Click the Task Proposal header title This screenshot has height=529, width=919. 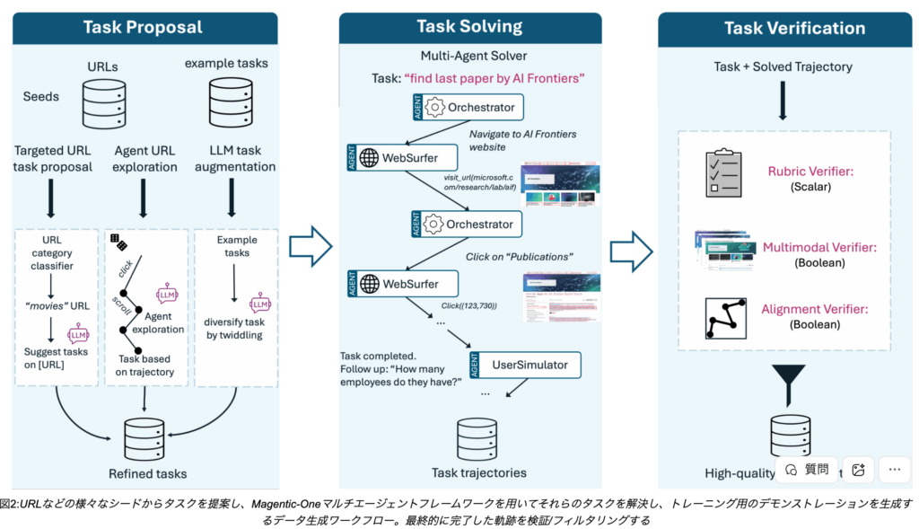(x=143, y=27)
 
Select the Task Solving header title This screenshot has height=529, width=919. (x=468, y=27)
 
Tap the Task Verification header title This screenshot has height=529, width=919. (x=794, y=28)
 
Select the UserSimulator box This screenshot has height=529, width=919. (x=524, y=365)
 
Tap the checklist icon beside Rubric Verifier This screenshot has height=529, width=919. (x=725, y=172)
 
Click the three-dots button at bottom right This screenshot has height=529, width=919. (x=894, y=469)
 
